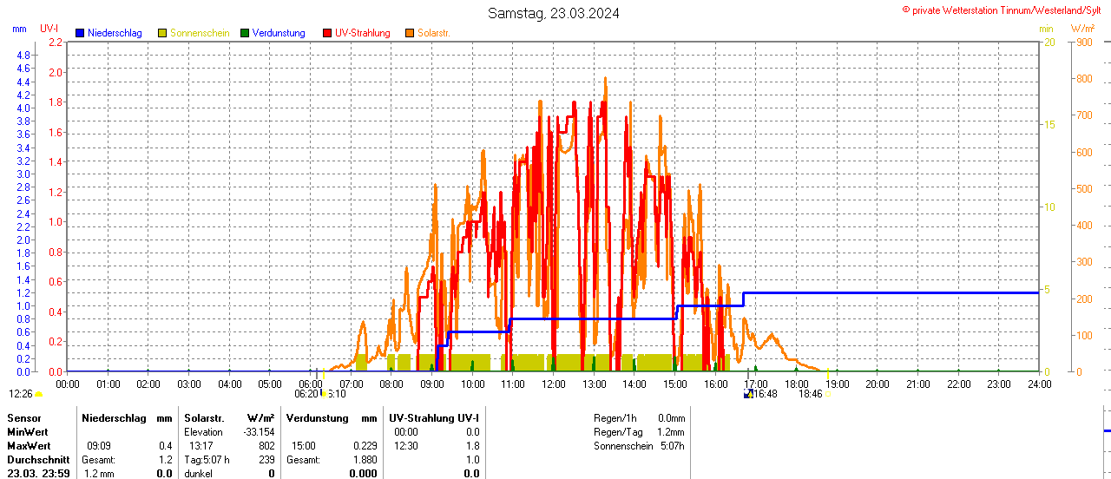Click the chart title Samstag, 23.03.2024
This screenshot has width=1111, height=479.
tap(553, 13)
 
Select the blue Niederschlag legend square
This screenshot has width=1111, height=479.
tap(80, 33)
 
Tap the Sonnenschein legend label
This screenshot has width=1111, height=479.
tap(200, 33)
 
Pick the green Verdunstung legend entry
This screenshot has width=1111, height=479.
tap(273, 33)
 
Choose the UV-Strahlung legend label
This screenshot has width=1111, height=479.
tap(362, 33)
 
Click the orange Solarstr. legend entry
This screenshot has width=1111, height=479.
tap(433, 33)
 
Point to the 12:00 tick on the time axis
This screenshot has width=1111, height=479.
tap(553, 384)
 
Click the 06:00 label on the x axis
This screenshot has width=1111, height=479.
tap(310, 384)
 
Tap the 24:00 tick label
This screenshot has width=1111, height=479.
tap(1038, 384)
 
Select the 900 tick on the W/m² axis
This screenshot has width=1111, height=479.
tap(1084, 42)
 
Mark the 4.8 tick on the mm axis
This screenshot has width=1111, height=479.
tap(23, 55)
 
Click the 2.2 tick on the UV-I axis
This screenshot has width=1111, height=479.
tap(56, 42)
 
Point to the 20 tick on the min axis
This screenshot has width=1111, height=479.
tap(1049, 42)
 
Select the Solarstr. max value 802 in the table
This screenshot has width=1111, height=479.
tap(266, 445)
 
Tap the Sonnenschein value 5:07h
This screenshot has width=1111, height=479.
tap(672, 446)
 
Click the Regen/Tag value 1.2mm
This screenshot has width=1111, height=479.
tap(670, 432)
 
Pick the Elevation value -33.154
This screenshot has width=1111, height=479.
tap(259, 432)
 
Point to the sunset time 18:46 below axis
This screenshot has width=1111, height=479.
tap(810, 393)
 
